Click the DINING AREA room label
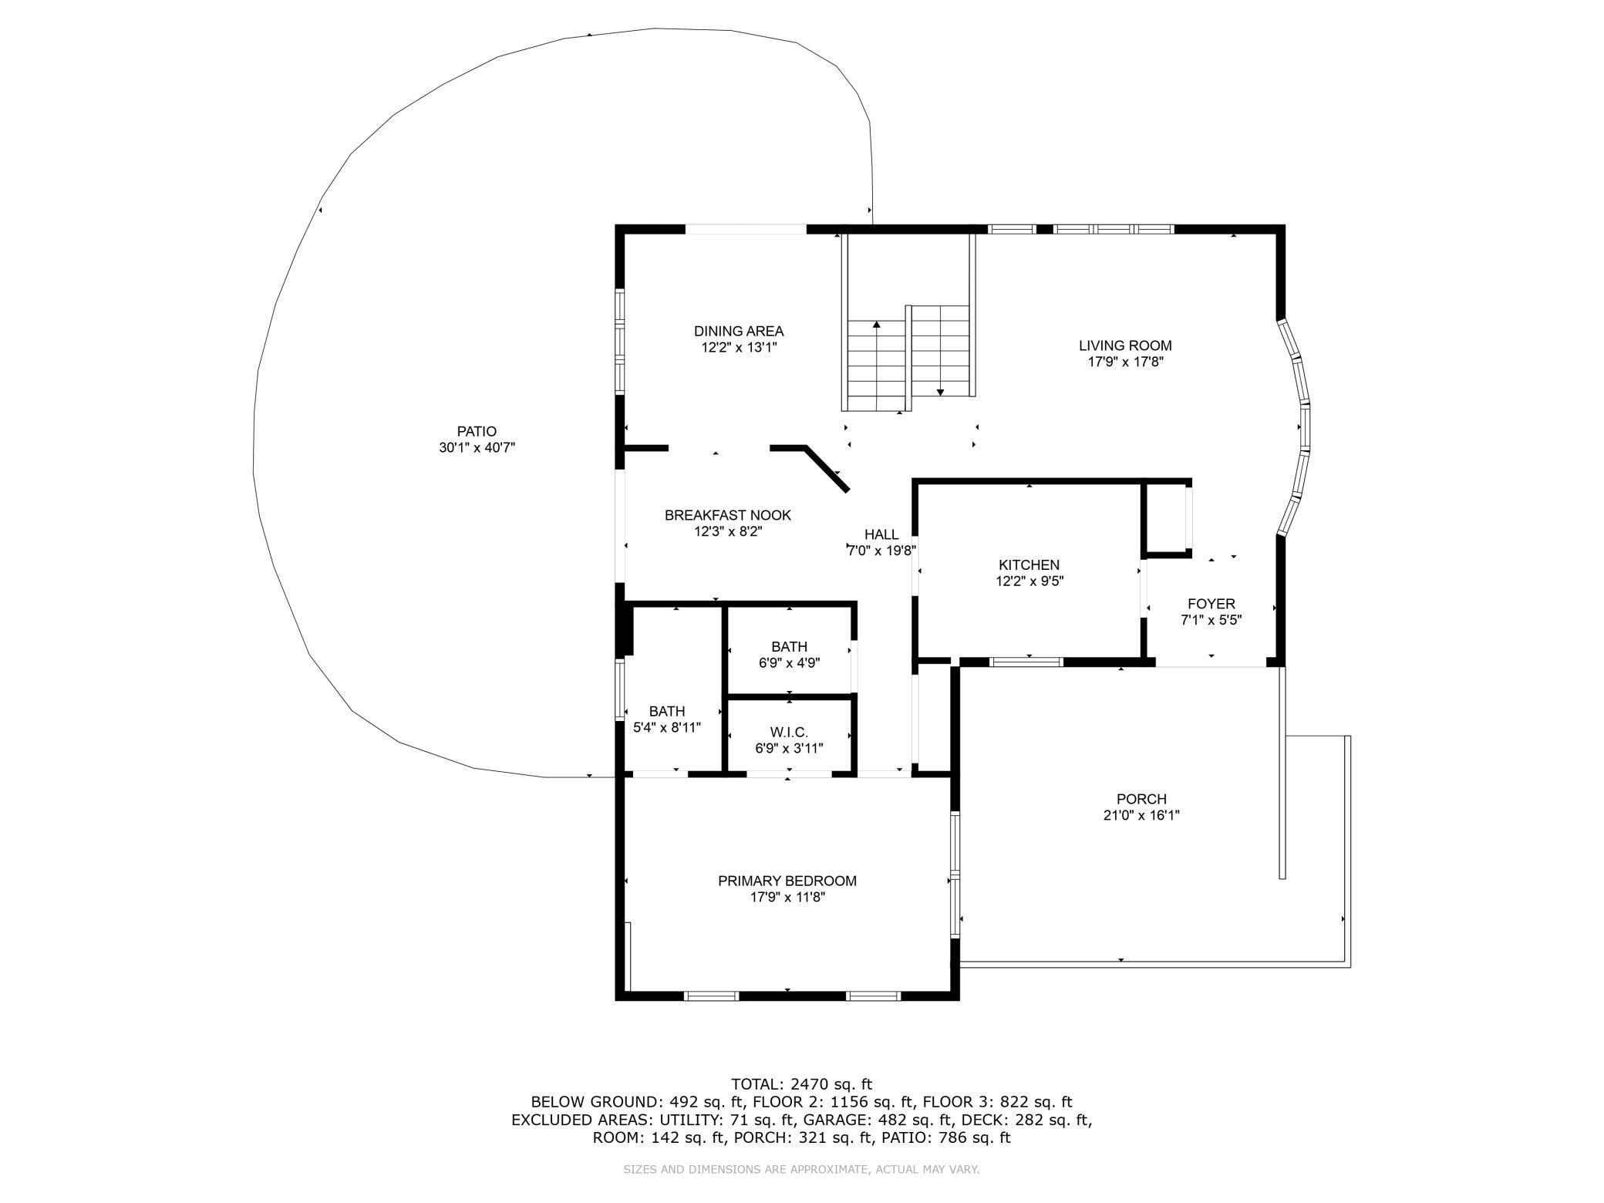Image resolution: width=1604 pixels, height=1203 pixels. pos(739,332)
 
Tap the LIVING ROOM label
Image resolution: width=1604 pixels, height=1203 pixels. pos(1125,346)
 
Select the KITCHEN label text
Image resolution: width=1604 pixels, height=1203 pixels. pos(1029,565)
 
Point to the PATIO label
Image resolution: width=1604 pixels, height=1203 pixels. pos(477,432)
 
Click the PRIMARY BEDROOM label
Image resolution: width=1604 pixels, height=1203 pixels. pos(787,881)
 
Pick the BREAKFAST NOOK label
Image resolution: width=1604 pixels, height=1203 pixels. pos(728,515)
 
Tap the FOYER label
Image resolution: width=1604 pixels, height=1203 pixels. pos(1211,604)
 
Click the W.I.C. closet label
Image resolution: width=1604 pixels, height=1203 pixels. pos(789,732)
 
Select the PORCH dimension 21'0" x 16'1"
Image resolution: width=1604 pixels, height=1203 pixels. pos(1141,815)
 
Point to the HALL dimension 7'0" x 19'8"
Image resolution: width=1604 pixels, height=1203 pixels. pos(881,551)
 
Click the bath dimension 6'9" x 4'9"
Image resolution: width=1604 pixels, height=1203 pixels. pos(789,662)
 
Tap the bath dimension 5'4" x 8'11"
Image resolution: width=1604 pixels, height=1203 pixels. pos(667,727)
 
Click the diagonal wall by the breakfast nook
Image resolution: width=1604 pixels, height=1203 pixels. pos(827,468)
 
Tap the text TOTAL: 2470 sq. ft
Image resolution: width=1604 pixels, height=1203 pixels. pos(802,1084)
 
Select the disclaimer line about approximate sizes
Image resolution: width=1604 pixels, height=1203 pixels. pos(801,1170)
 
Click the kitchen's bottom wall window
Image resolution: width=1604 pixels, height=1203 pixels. pos(1026,662)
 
